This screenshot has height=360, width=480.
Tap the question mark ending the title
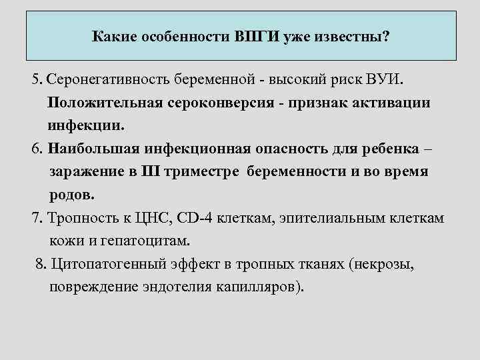pos(386,35)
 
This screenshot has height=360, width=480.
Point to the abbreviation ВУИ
pos(386,81)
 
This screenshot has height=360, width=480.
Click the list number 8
pos(40,265)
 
